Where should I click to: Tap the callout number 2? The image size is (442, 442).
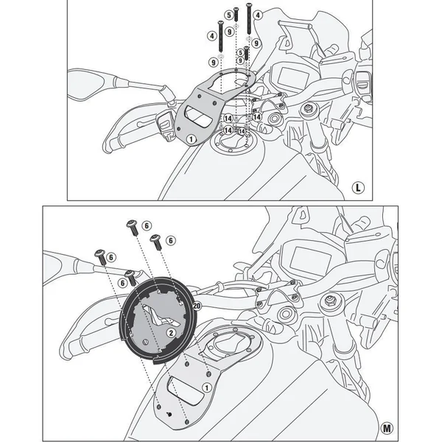(x=169, y=332)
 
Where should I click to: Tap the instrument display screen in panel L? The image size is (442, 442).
(x=291, y=80)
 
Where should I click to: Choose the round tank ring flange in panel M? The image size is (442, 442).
(x=155, y=317)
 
